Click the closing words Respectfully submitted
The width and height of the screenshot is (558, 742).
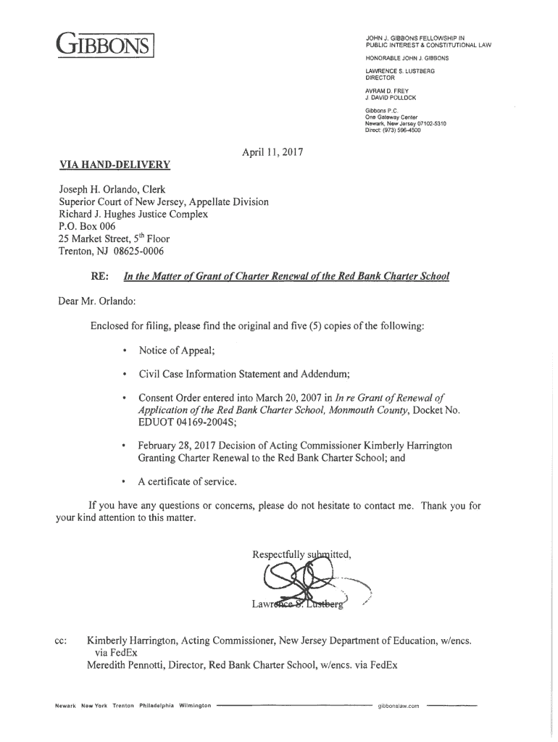point(301,556)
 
